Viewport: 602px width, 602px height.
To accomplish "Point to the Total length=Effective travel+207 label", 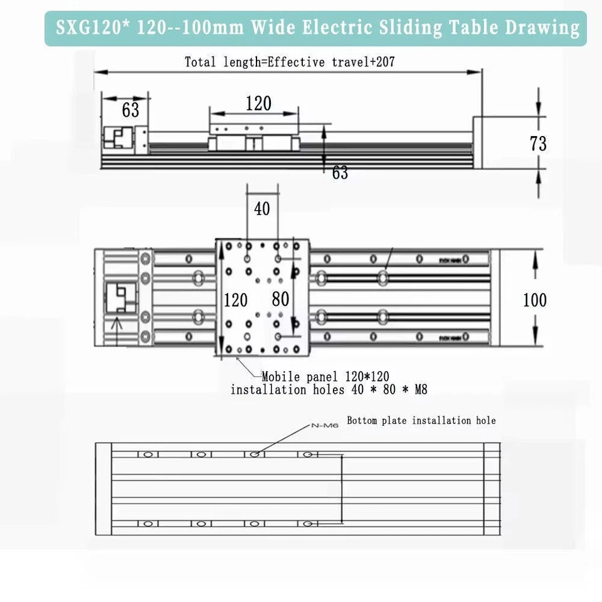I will tap(290, 62).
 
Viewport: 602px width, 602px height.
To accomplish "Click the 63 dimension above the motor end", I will tap(130, 110).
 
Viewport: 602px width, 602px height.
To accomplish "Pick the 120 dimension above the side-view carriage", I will tap(258, 103).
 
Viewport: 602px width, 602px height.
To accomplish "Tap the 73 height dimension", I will tap(538, 144).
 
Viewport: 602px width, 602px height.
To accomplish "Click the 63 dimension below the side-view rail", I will tap(340, 173).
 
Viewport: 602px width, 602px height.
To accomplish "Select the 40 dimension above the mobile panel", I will tap(262, 208).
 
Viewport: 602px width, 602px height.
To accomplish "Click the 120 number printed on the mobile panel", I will tap(236, 300).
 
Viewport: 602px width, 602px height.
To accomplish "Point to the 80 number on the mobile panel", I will tap(280, 299).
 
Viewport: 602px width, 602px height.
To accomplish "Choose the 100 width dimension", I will tap(534, 300).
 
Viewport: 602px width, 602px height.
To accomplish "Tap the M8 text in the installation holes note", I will tap(416, 390).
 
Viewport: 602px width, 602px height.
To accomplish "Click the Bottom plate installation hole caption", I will tap(421, 421).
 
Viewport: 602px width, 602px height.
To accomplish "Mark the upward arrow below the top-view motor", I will tap(115, 325).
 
